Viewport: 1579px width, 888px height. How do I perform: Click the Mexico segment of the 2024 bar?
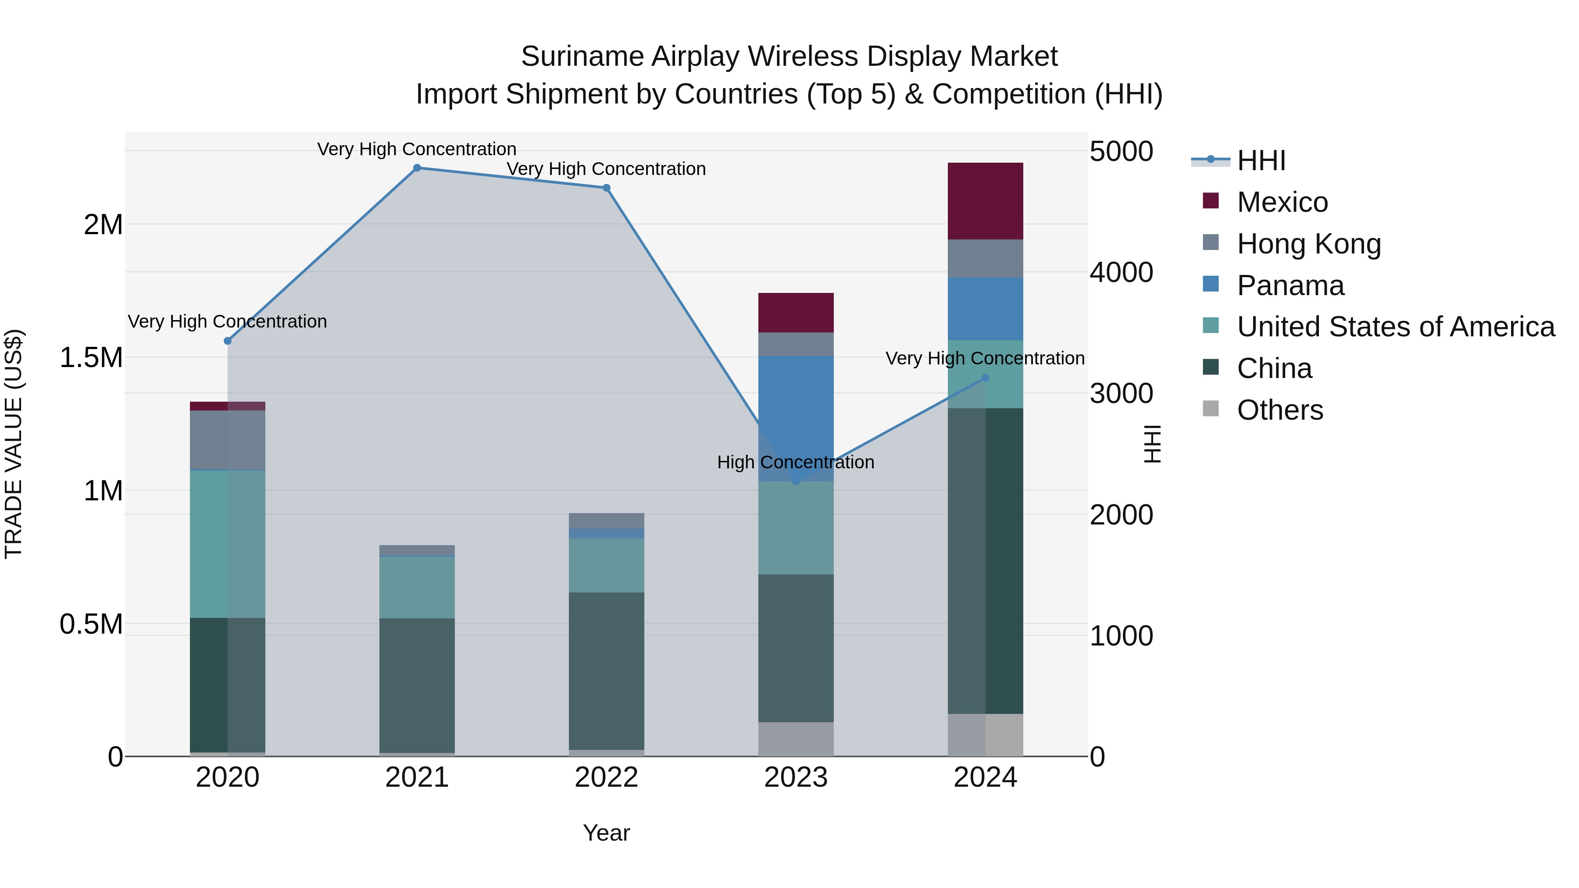point(985,201)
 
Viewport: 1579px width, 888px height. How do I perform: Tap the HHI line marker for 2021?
point(417,168)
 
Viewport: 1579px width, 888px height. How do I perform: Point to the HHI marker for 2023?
point(796,481)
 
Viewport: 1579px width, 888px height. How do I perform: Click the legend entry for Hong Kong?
point(1309,244)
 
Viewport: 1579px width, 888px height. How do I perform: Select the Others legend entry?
point(1279,410)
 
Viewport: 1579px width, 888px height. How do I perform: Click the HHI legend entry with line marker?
point(1261,160)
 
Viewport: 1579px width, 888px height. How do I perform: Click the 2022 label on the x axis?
point(606,777)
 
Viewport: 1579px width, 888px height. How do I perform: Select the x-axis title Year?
point(606,833)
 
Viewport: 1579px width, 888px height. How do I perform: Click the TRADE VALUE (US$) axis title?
point(14,444)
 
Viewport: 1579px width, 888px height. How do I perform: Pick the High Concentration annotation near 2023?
point(795,462)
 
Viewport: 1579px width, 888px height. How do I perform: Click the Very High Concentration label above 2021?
point(417,149)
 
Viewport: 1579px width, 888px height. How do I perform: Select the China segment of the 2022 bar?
point(606,670)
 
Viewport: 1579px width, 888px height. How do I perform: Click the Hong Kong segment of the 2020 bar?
point(227,440)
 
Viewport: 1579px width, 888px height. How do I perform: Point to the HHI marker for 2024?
point(985,378)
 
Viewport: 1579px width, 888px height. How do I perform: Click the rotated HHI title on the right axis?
point(1152,444)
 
